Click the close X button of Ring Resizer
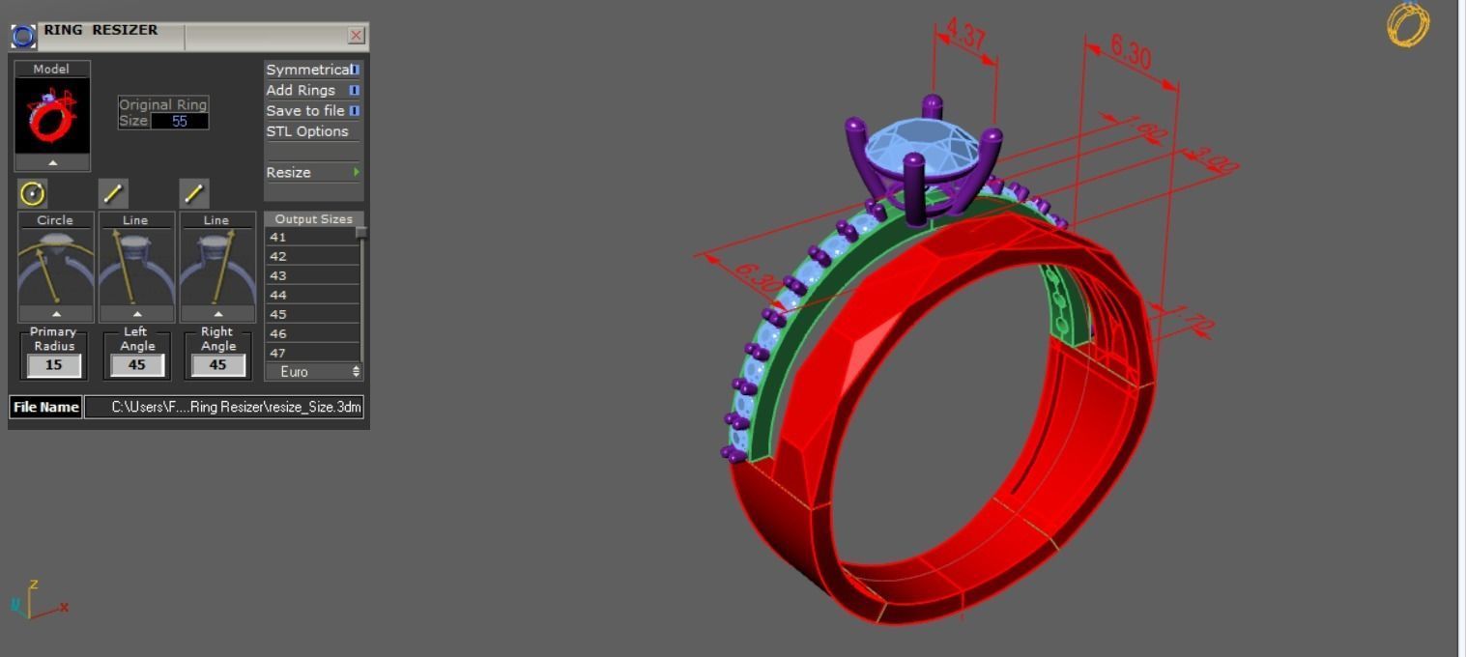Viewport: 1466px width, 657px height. pyautogui.click(x=356, y=36)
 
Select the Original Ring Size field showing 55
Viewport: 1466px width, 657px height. pyautogui.click(x=179, y=122)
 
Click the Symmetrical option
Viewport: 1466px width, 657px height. pyautogui.click(x=309, y=70)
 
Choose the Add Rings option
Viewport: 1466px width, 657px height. pyautogui.click(x=302, y=90)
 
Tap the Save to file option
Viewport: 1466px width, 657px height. pyautogui.click(x=305, y=110)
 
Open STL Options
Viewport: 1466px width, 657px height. pyautogui.click(x=307, y=131)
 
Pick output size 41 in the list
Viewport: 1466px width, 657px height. pyautogui.click(x=311, y=237)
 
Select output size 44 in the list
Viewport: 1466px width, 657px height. pyautogui.click(x=311, y=295)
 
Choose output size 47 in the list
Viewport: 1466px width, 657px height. pyautogui.click(x=311, y=353)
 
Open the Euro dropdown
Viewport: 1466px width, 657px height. pyautogui.click(x=313, y=372)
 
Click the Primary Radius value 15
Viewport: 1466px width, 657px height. pyautogui.click(x=53, y=365)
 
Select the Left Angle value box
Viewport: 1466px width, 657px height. pyautogui.click(x=136, y=365)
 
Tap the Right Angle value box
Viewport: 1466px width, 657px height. pyautogui.click(x=217, y=365)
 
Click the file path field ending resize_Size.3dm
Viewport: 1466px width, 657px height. pyautogui.click(x=223, y=407)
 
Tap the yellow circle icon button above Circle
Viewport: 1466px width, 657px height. pyautogui.click(x=32, y=193)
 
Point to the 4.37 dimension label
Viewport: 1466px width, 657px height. pyautogui.click(x=964, y=35)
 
